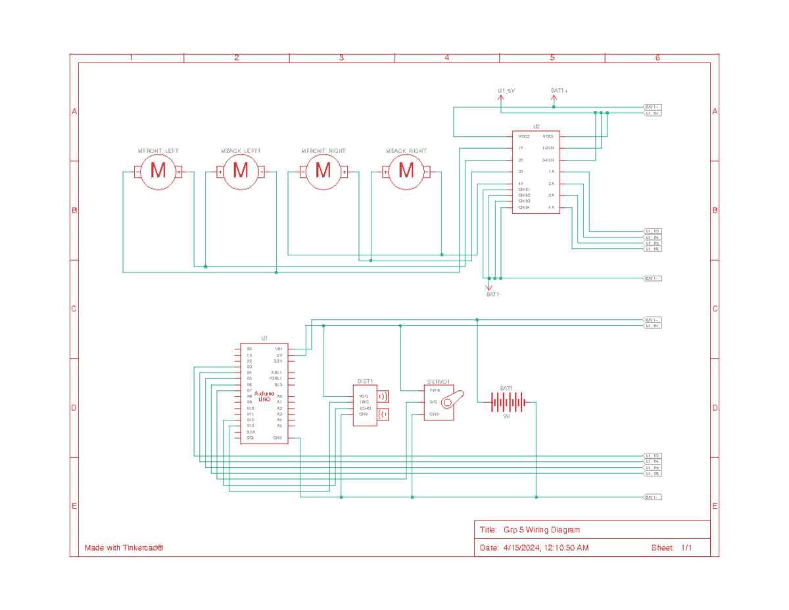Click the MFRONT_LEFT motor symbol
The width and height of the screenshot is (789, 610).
[x=158, y=172]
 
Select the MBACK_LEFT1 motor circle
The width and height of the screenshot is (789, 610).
[x=241, y=172]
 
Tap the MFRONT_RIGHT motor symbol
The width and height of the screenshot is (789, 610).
[x=323, y=172]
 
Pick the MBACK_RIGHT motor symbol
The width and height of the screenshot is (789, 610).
[x=406, y=172]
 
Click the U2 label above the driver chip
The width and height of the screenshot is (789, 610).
[x=536, y=126]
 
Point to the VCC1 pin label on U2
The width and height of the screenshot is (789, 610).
[x=548, y=136]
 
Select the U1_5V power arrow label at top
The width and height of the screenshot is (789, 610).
[x=506, y=89]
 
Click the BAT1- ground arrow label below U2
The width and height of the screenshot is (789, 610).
[x=494, y=295]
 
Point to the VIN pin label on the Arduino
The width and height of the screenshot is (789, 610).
[x=279, y=348]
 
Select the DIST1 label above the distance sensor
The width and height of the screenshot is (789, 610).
[x=365, y=381]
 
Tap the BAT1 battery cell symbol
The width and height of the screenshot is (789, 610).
[x=506, y=401]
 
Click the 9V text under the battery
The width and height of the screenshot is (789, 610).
[x=506, y=416]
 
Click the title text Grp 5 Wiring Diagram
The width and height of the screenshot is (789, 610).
[x=542, y=530]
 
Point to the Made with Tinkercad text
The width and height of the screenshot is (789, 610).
[x=124, y=548]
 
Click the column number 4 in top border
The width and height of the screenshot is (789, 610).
[x=446, y=58]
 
